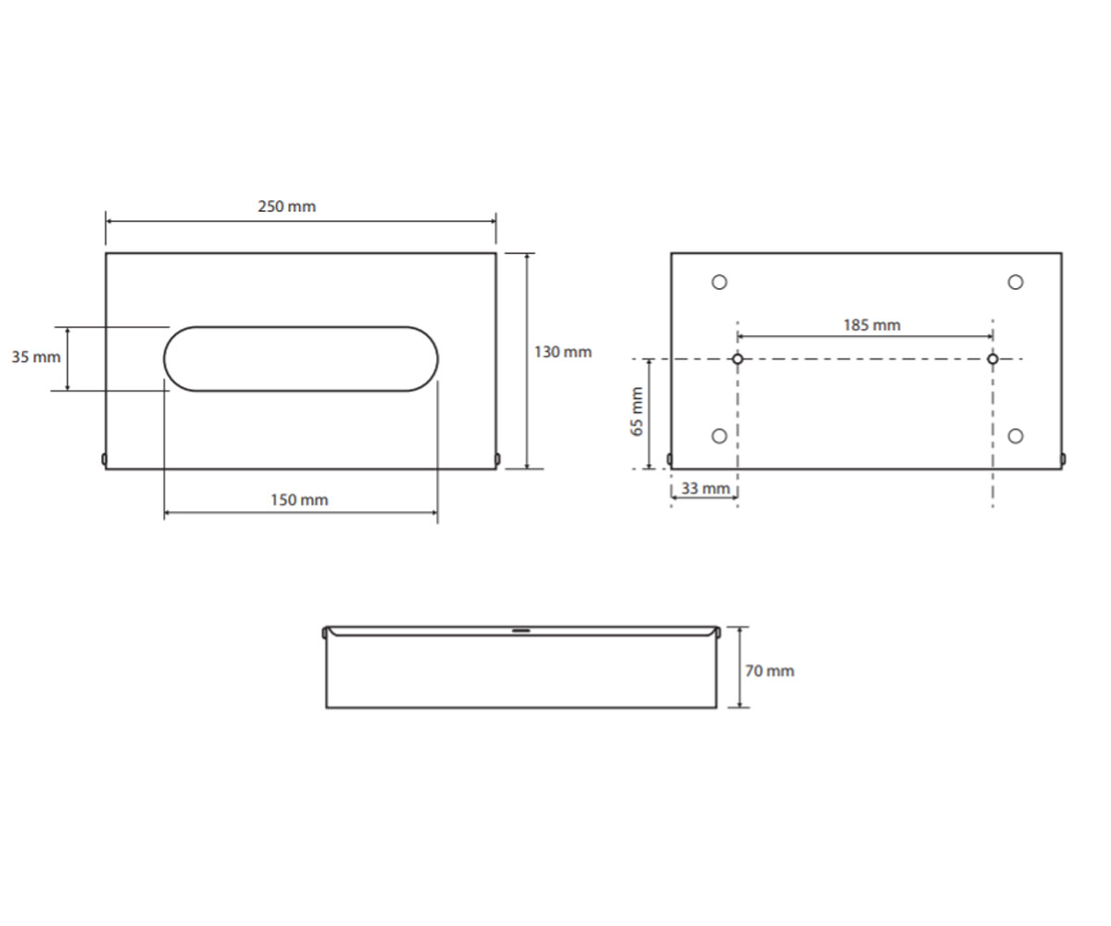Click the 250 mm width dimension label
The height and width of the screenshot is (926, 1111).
[287, 206]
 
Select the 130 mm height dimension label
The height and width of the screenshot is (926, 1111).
[562, 352]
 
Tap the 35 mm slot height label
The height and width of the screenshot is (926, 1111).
[36, 357]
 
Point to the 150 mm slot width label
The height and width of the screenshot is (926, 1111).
[299, 500]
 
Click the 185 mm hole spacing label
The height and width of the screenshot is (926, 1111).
[871, 325]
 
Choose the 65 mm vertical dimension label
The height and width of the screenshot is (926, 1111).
[637, 411]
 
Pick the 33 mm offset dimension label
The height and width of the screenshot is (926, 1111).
[705, 488]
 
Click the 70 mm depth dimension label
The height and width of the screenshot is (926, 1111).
[769, 671]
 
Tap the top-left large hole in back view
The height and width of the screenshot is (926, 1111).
[719, 282]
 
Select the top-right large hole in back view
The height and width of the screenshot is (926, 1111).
[1016, 282]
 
